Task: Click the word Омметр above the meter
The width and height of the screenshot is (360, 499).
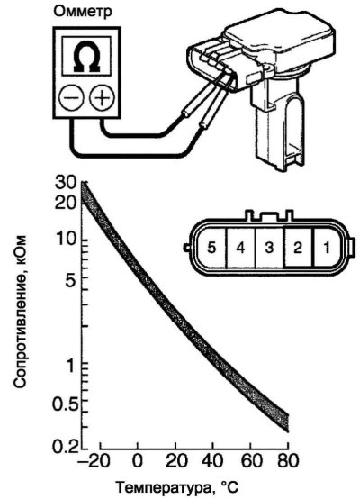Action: [x=83, y=12]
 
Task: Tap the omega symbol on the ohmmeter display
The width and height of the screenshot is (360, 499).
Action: [x=86, y=57]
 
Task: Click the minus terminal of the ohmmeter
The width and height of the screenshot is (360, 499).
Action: [x=72, y=97]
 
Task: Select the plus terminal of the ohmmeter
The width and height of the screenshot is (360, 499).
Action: [x=102, y=97]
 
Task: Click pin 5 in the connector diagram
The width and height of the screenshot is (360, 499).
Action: [x=211, y=248]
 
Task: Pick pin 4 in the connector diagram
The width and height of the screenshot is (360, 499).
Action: [x=240, y=248]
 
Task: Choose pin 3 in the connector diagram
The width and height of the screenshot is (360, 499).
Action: [x=269, y=248]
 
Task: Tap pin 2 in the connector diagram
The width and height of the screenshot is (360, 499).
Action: [x=298, y=248]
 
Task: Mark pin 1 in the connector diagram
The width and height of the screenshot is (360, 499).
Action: [x=327, y=248]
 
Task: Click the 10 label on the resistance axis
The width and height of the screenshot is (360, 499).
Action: [x=66, y=240]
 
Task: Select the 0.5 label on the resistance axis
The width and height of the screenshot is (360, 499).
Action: [x=64, y=404]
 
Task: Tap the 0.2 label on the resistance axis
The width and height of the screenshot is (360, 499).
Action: [x=65, y=446]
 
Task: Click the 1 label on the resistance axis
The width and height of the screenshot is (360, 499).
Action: [x=70, y=366]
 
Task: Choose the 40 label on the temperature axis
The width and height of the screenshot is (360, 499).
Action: [x=213, y=461]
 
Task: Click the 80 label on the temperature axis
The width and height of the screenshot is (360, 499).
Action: [x=288, y=461]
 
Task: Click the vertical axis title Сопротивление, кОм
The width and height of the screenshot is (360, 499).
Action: [x=21, y=312]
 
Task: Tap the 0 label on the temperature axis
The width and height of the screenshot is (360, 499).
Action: [x=138, y=461]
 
